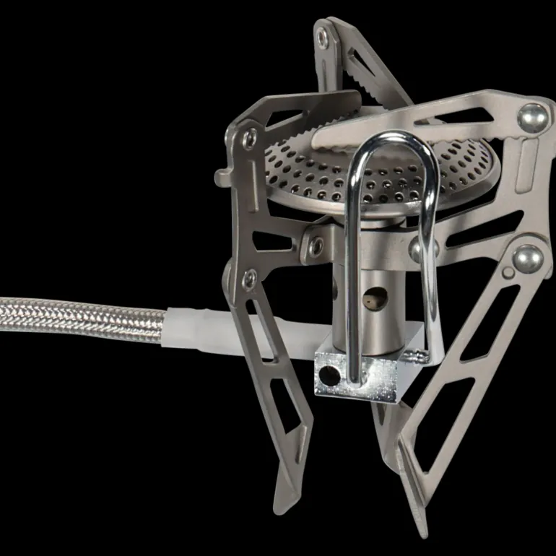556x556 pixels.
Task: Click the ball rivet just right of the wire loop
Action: point(419,249)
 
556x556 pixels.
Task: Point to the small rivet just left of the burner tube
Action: point(316,246)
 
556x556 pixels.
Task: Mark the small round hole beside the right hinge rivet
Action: point(511,272)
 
